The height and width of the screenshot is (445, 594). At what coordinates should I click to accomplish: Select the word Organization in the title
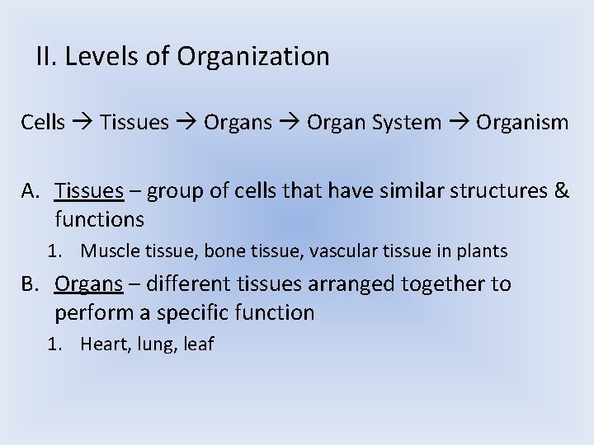[x=253, y=57]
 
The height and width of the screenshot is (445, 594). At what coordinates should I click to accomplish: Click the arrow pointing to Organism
[x=460, y=124]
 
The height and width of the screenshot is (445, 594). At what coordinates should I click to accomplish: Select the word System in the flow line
[x=407, y=124]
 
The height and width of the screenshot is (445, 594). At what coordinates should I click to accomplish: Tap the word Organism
[x=521, y=124]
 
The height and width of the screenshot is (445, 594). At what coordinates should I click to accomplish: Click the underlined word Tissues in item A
[x=89, y=192]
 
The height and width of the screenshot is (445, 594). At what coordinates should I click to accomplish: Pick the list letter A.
[x=31, y=192]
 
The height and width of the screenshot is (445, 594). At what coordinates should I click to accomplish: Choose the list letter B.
[x=31, y=284]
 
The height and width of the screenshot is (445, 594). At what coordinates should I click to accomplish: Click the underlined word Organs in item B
[x=88, y=285]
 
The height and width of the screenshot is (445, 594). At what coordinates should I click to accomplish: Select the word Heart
[x=103, y=344]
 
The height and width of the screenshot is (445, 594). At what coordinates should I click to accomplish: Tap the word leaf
[x=198, y=344]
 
